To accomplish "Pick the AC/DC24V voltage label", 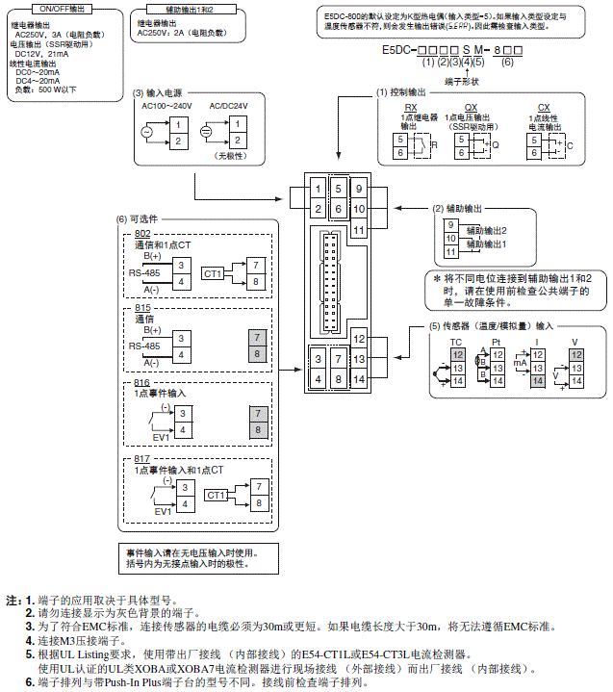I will click(228, 105).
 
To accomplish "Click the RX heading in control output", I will click(411, 108).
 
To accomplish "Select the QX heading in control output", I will click(471, 108).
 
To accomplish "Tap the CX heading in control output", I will click(544, 108).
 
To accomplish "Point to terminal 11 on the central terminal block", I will click(358, 230).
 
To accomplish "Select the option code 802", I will click(143, 234).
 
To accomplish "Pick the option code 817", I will click(143, 458).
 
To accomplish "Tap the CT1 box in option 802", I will click(214, 274).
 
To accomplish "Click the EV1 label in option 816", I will click(162, 436).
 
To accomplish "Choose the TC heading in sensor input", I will click(456, 341).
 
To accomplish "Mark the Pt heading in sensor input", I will click(497, 341).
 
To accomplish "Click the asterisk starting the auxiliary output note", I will click(436, 275).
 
